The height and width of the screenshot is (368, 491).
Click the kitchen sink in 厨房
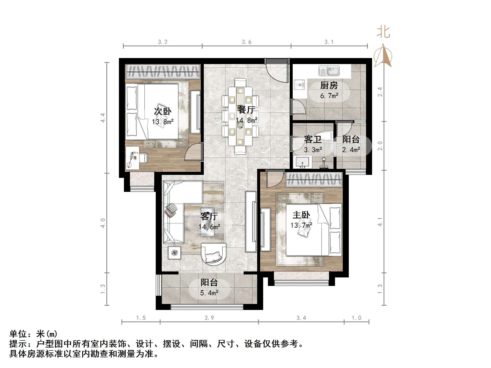[329, 71]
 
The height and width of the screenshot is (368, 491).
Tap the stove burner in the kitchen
[299, 85]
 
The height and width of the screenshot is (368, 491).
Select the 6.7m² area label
[329, 96]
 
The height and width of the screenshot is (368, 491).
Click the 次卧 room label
[162, 111]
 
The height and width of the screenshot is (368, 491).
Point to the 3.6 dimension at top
[246, 42]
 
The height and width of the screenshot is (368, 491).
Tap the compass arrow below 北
[383, 56]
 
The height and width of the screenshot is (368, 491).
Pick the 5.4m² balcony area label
[209, 293]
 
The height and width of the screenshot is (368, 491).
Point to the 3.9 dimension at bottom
[209, 318]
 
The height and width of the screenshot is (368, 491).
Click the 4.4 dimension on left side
[103, 118]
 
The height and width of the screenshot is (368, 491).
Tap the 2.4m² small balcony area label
[351, 150]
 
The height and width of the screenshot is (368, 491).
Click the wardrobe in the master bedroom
[314, 180]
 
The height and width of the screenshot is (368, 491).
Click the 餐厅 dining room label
[246, 110]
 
